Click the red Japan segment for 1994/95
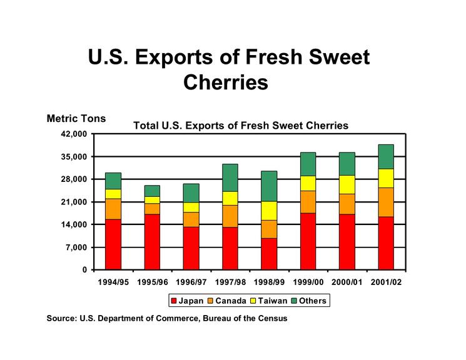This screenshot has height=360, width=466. (x=113, y=244)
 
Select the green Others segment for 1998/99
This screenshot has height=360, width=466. (x=269, y=186)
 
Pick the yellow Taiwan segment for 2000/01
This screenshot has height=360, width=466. (x=347, y=184)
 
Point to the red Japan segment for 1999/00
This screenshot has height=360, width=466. (x=308, y=241)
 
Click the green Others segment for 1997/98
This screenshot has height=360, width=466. (x=230, y=177)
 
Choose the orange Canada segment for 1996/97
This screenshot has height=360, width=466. (x=191, y=219)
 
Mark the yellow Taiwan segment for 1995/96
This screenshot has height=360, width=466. (x=152, y=199)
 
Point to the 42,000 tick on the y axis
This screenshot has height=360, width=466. (x=73, y=134)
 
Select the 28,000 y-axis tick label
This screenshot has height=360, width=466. (x=73, y=179)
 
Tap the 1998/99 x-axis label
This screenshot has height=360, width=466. (x=269, y=282)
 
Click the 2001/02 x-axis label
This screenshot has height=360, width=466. (x=386, y=282)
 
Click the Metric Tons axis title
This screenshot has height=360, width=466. (x=76, y=118)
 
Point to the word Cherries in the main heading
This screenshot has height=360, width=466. (x=226, y=82)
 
